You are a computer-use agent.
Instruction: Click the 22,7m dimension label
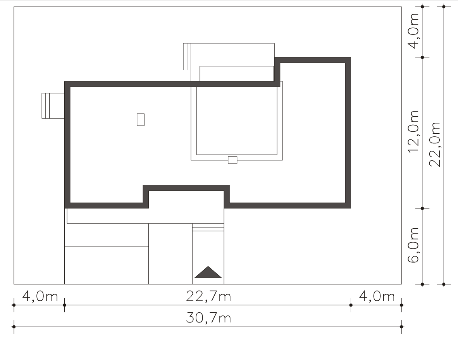pos(208,296)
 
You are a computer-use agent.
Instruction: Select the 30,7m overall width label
pos(208,318)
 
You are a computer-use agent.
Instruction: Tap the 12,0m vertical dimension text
pos(414,132)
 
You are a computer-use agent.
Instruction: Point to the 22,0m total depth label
pos(435,145)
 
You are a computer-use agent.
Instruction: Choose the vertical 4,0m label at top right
pos(414,31)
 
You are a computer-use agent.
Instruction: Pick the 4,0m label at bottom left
pos(40,296)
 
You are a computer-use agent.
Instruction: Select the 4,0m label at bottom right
pos(377,296)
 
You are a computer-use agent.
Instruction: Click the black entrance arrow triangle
pos(208,272)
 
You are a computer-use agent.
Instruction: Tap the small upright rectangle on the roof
pos(141,119)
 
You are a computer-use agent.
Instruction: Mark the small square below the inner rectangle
pos(232,160)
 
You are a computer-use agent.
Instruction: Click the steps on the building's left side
pos(53,106)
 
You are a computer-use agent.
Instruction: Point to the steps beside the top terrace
pos(187,57)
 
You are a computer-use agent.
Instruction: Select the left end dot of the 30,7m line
pos(14,327)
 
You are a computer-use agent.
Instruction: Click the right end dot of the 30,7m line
pos(402,327)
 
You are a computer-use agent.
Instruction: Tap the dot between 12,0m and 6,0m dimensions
pos(422,208)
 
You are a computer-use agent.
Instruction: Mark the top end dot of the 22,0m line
pos(444,7)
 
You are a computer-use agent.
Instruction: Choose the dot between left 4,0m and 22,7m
pos(65,305)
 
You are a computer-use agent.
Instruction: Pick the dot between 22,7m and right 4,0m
pos(351,305)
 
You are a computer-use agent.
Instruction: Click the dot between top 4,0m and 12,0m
pos(422,57)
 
